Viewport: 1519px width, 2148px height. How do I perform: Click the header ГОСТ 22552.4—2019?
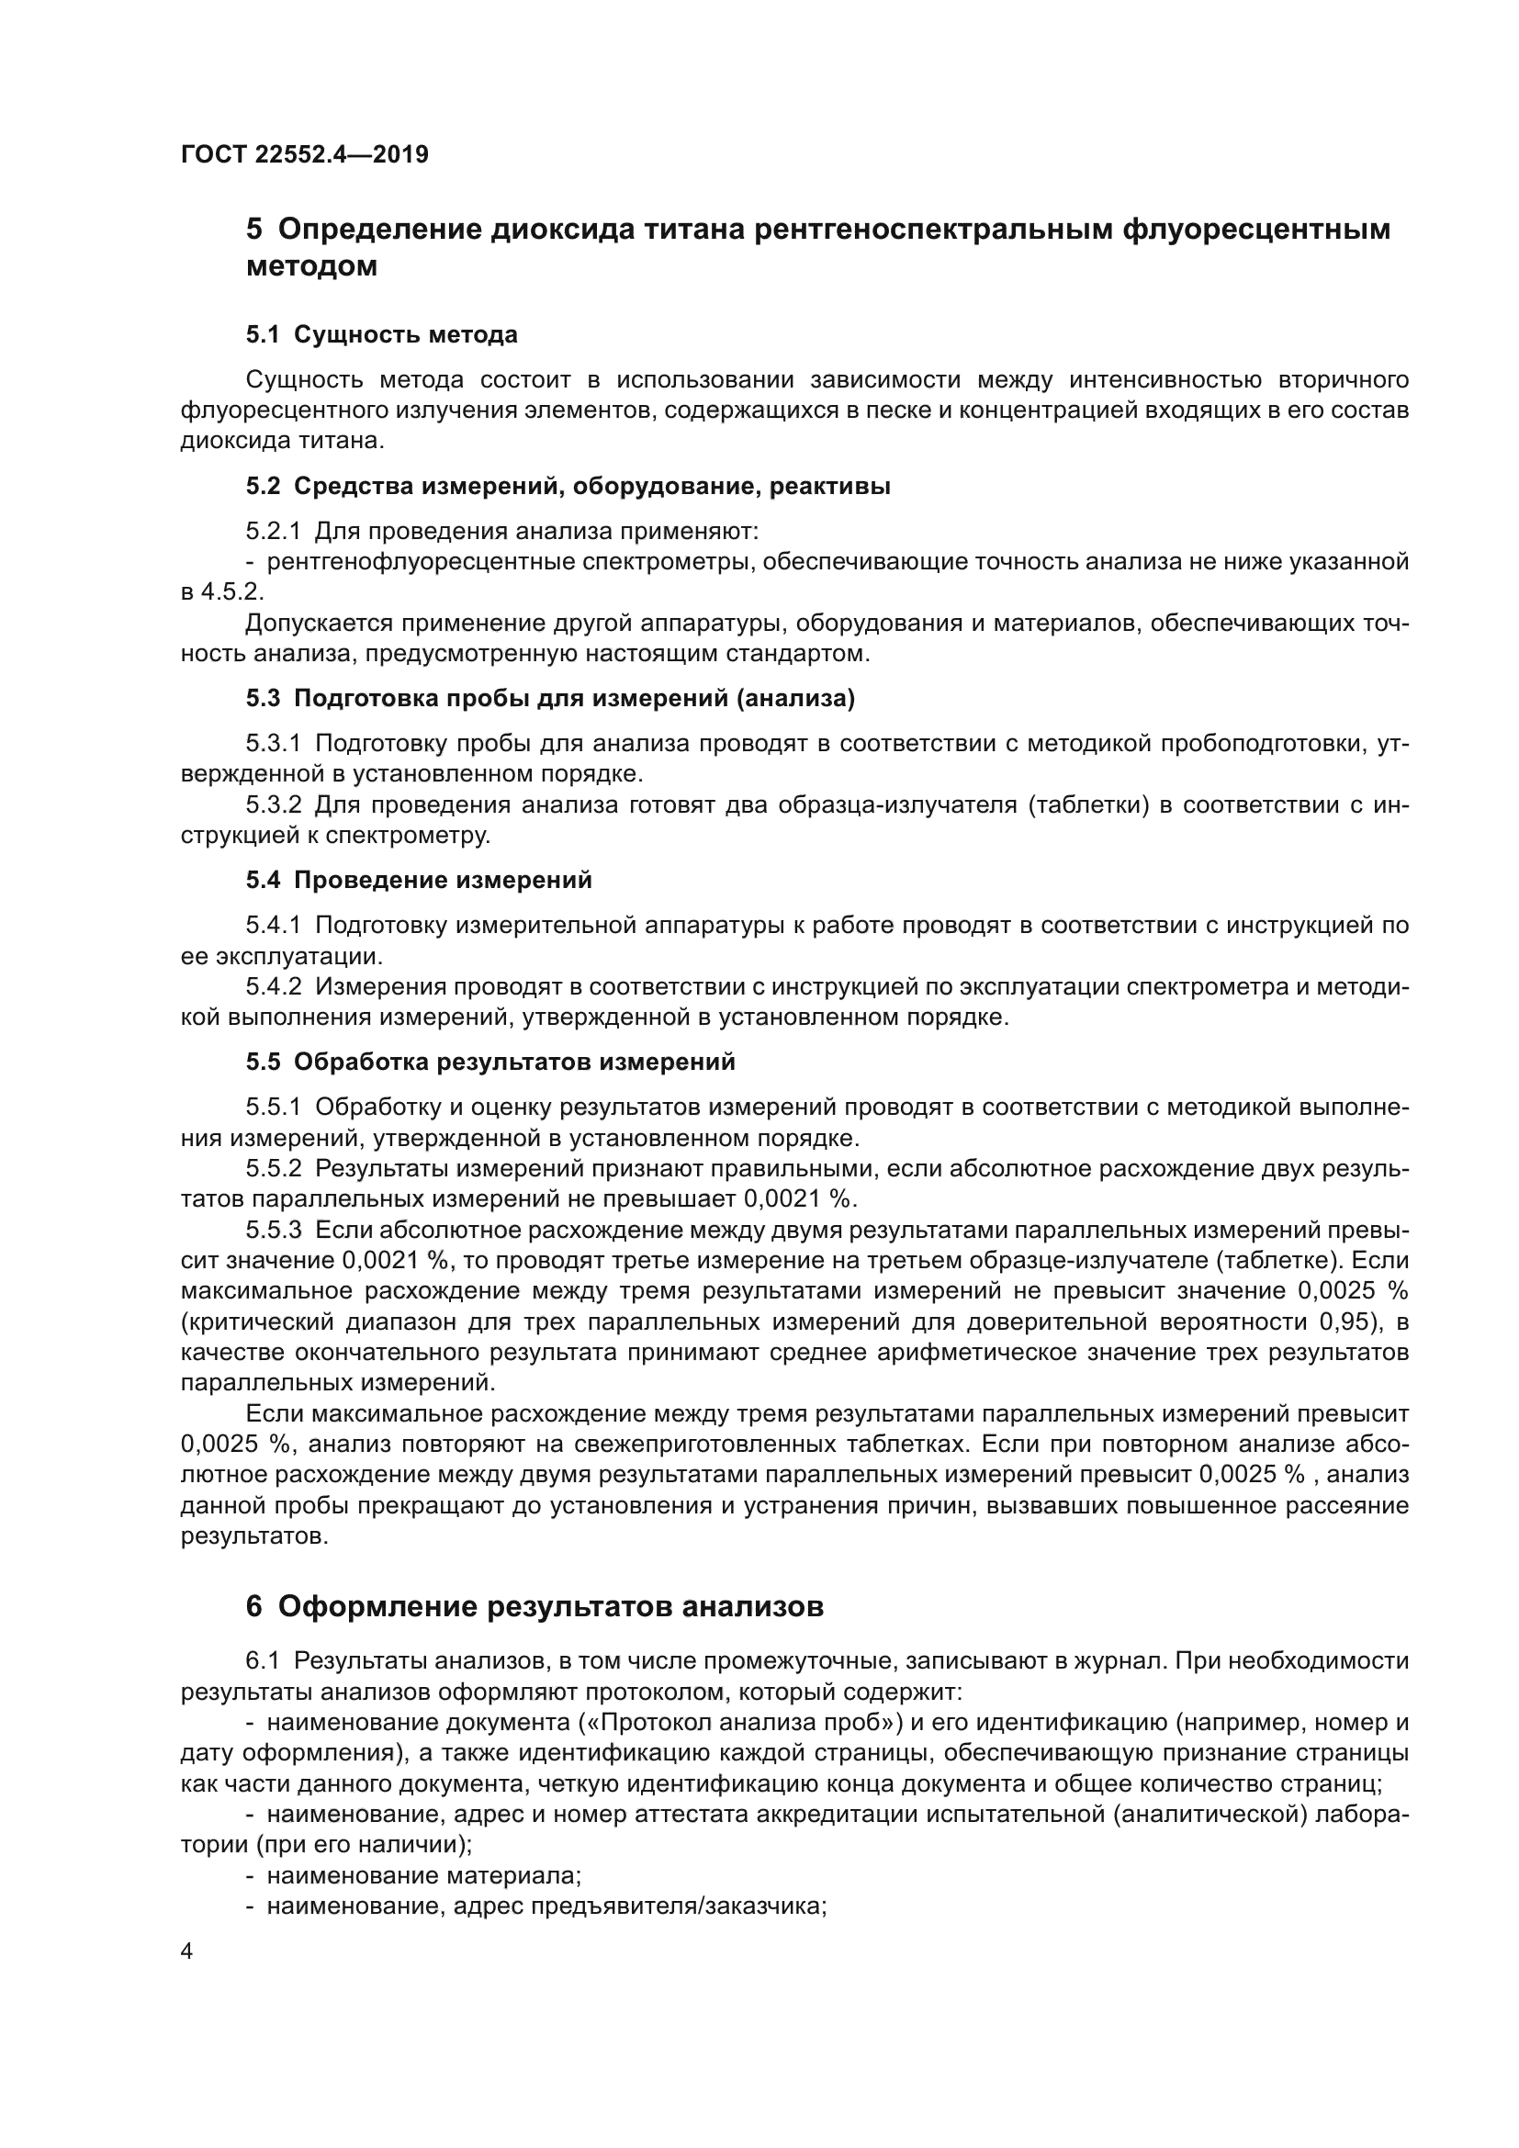pos(304,154)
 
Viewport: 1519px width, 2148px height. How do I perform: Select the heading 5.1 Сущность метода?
pos(382,335)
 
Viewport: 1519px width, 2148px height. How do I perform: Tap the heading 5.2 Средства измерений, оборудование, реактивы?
pos(568,487)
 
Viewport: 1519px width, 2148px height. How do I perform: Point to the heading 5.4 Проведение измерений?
pos(419,881)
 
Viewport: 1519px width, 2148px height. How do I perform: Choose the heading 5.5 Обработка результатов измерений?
pos(490,1062)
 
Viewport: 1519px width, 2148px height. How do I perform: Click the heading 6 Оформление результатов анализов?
pos(534,1606)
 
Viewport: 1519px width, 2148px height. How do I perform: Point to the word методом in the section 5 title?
pos(311,266)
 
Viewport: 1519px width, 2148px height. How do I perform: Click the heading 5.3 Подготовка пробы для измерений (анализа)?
pos(550,698)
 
